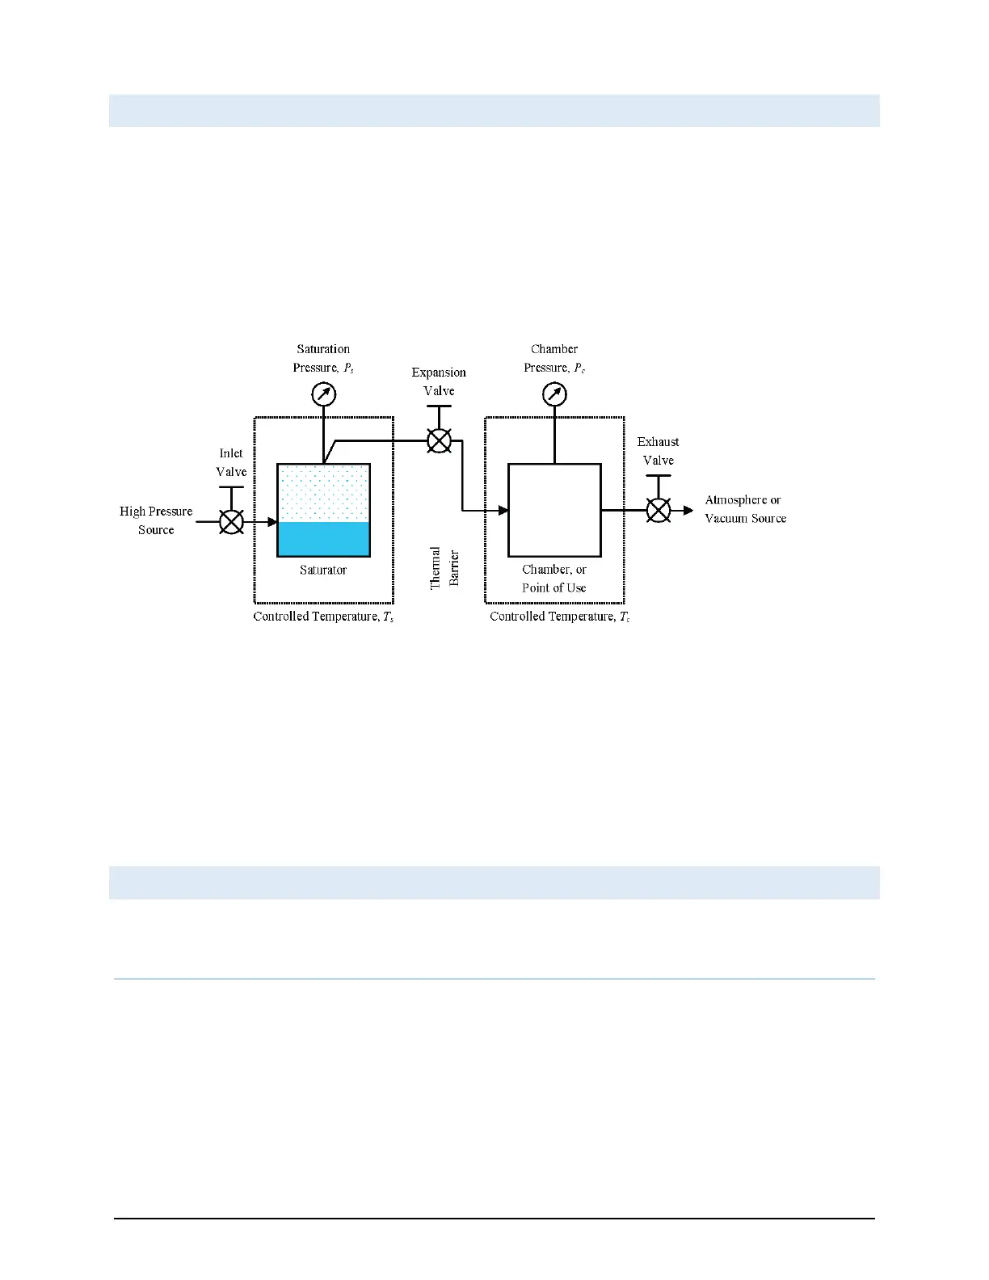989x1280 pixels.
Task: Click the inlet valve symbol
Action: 232,522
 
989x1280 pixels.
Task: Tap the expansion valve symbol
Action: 439,440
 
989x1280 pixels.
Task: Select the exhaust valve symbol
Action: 659,510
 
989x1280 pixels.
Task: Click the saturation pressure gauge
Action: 323,394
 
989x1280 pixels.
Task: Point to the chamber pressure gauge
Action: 554,394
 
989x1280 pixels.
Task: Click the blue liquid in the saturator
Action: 323,538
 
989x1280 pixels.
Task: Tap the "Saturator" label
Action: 323,570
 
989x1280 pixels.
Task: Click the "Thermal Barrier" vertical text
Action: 444,567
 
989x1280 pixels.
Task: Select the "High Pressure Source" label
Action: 156,520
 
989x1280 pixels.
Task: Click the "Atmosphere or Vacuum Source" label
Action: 745,509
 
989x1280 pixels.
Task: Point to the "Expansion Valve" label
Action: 439,381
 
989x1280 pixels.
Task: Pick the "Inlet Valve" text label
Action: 231,462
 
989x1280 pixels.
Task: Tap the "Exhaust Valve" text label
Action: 658,451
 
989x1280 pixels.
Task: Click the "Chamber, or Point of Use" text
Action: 554,579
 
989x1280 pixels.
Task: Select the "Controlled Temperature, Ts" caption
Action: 323,617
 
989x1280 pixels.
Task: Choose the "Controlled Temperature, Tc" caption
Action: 559,617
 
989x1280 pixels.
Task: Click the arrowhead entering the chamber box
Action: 503,510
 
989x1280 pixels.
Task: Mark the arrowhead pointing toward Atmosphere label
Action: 688,510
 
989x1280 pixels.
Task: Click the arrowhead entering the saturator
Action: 272,522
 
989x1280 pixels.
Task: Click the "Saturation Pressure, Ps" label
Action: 323,358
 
